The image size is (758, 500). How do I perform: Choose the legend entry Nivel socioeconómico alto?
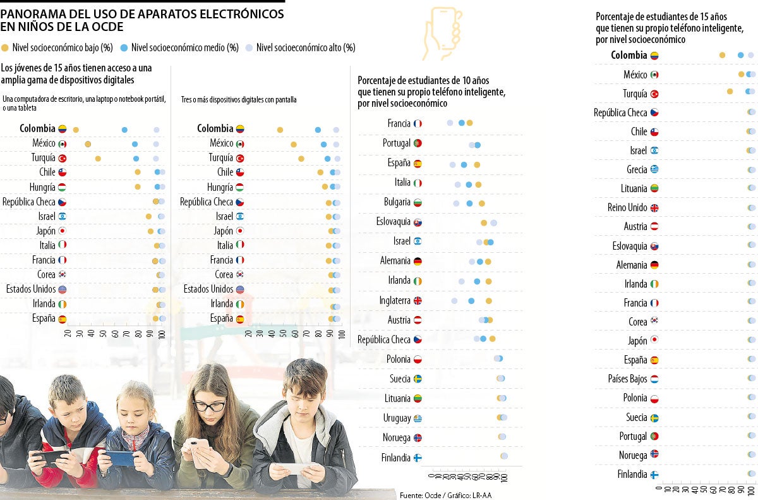point(306,47)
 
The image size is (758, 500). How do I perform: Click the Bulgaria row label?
point(397,202)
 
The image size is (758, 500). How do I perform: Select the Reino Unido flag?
point(654,208)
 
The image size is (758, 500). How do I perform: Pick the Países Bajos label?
point(627,379)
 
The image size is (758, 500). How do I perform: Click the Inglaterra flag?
point(417,301)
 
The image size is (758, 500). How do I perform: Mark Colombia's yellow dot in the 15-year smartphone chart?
point(723,56)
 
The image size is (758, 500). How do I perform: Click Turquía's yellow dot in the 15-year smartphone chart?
point(730,92)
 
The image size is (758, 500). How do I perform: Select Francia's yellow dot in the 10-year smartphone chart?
point(469,123)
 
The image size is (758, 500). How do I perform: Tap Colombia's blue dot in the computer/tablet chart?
point(124,130)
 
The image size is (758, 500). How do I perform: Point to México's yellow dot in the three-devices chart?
point(294,144)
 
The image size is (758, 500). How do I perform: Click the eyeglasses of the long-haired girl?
point(208,406)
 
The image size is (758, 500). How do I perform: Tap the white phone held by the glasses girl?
point(200,452)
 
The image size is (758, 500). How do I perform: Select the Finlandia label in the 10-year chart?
point(396,458)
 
